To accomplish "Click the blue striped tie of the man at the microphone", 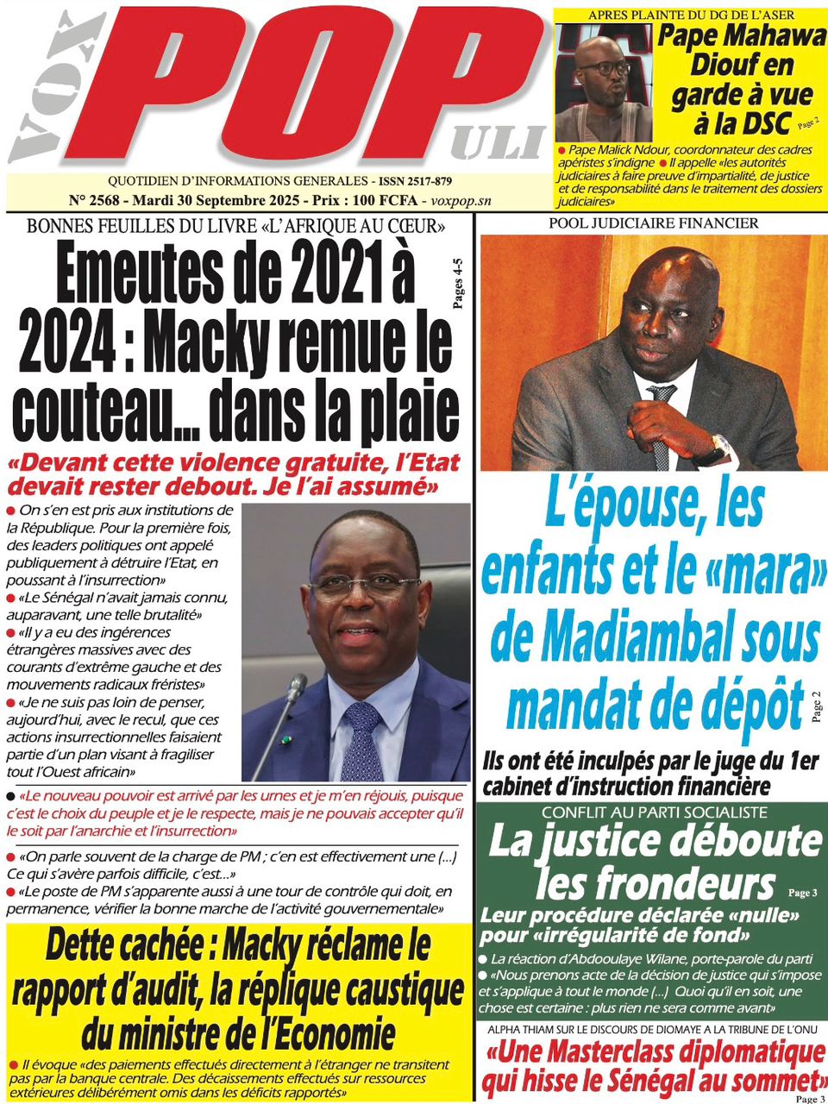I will [362, 742].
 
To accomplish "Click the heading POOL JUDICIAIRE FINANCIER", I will [652, 223].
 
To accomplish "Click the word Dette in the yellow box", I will [86, 947].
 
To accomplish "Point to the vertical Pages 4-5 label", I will [457, 284].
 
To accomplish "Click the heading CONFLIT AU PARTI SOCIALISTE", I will [654, 812].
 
